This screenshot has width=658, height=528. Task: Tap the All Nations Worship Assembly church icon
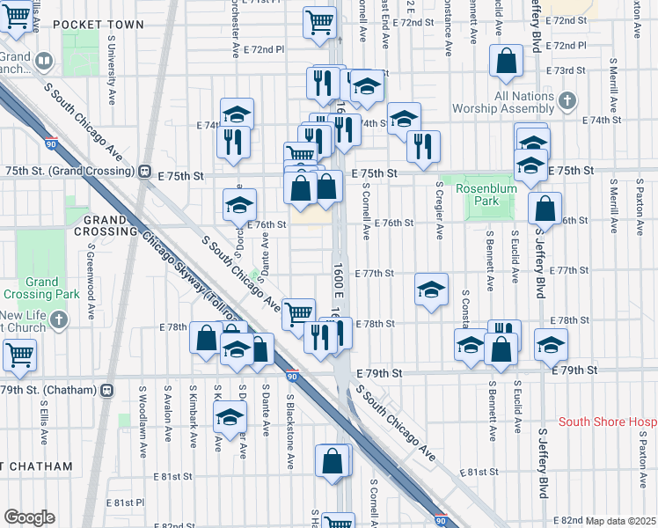pyautogui.click(x=568, y=99)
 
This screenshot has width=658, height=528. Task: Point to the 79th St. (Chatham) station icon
pyautogui.click(x=106, y=389)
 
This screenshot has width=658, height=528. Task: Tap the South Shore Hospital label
pyautogui.click(x=607, y=422)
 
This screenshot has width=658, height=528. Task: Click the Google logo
pyautogui.click(x=28, y=518)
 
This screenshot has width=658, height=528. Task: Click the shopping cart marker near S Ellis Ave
pyautogui.click(x=19, y=356)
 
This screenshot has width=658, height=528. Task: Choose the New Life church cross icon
pyautogui.click(x=59, y=319)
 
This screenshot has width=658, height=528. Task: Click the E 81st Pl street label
pyautogui.click(x=126, y=502)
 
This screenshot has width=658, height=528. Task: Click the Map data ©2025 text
pyautogui.click(x=620, y=521)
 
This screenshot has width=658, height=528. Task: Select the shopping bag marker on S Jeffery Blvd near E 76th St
pyautogui.click(x=545, y=209)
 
